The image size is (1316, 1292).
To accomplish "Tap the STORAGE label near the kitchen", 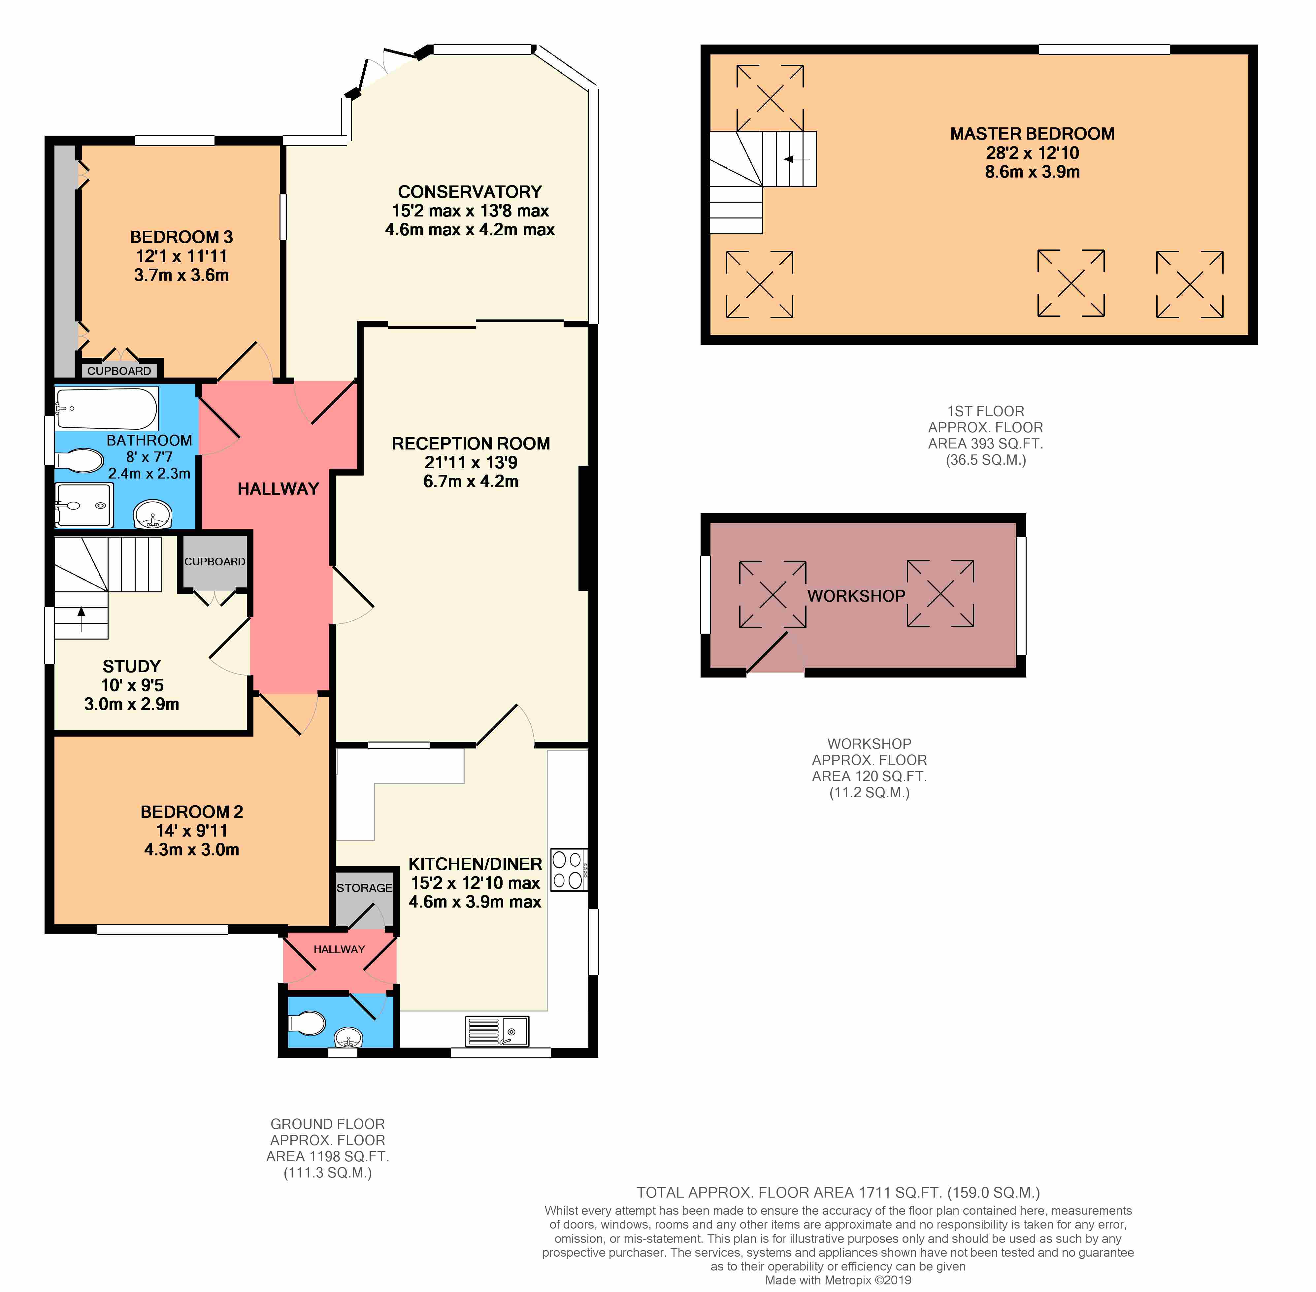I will pyautogui.click(x=364, y=888).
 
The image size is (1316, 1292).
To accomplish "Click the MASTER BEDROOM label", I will pyautogui.click(x=1032, y=134).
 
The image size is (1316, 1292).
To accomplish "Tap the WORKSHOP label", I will pyautogui.click(x=856, y=596).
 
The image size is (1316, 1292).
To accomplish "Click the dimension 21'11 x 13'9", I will pyautogui.click(x=471, y=462).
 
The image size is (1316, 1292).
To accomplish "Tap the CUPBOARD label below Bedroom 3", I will pyautogui.click(x=119, y=371).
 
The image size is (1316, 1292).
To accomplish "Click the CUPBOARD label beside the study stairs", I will pyautogui.click(x=214, y=561).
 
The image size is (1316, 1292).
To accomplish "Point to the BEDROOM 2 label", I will pyautogui.click(x=191, y=812).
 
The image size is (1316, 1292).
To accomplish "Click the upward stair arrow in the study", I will pyautogui.click(x=82, y=619).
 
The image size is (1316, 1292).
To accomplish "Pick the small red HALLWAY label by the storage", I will pyautogui.click(x=339, y=949).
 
